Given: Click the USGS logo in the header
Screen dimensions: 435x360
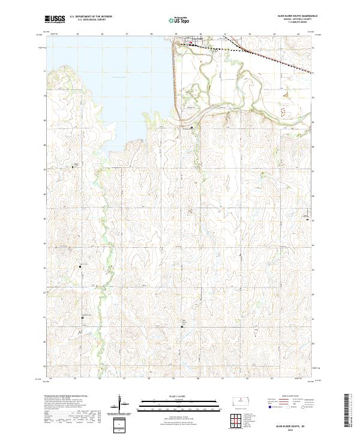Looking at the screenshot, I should point(55,20).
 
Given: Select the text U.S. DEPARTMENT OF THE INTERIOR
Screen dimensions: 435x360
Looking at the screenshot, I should point(91,16).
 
